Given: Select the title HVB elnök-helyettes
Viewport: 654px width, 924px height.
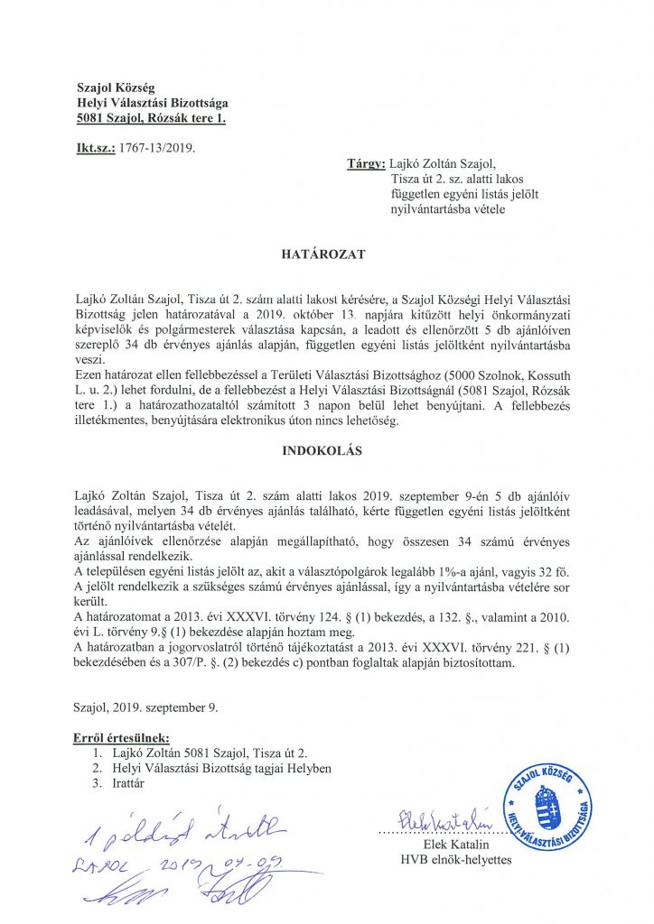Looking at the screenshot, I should [x=456, y=860].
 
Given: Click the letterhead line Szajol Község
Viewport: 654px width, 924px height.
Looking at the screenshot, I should [x=116, y=88].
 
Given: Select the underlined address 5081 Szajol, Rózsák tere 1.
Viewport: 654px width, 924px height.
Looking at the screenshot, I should [x=151, y=118].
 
